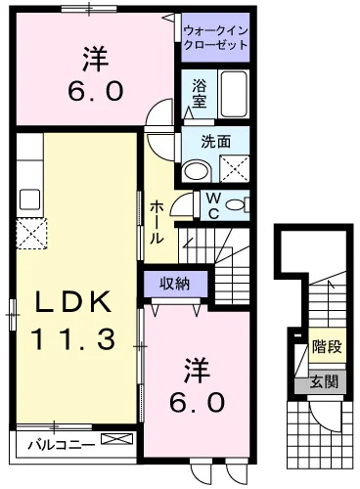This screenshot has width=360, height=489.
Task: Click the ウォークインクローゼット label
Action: coord(215,38)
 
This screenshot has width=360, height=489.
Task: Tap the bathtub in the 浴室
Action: coord(234,94)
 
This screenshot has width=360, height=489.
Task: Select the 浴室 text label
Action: coord(199,94)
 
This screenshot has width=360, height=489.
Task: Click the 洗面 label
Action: coord(215,142)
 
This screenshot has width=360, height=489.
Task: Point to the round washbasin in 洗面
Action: coord(197,170)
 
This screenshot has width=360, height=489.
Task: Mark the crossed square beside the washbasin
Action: coord(234,168)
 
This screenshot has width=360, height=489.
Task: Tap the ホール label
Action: coord(157,222)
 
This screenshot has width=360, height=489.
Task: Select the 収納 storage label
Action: coord(174,284)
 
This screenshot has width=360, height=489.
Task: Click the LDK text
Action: coord(72,302)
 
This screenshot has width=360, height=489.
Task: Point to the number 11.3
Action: coord(73,338)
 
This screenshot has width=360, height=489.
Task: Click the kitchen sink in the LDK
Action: coord(29,200)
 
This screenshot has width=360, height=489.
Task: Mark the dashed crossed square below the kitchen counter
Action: coord(31,234)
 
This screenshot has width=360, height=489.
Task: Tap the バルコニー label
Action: coord(61,444)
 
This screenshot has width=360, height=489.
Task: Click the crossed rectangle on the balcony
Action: coord(117,438)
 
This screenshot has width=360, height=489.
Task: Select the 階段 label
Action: coord(327,346)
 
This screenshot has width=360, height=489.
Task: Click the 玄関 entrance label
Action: coord(324,381)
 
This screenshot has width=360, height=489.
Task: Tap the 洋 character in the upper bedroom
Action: coord(96,60)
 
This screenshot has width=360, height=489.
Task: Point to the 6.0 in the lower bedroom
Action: coord(198,402)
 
